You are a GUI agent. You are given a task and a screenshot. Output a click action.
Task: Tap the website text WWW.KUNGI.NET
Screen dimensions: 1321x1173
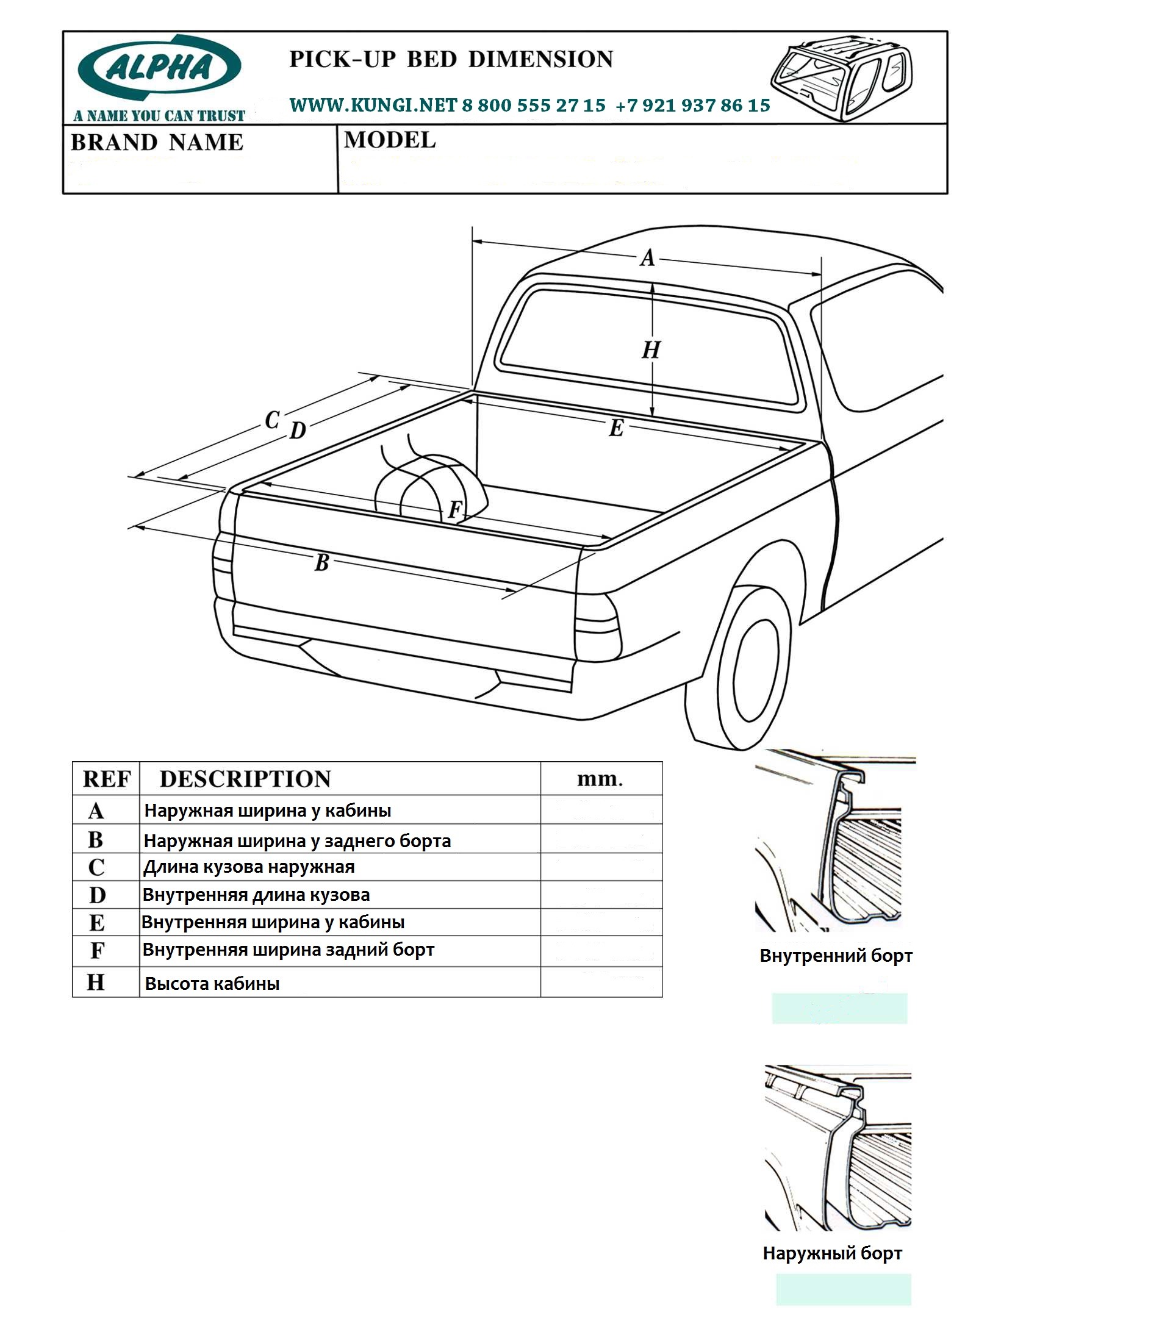pyautogui.click(x=373, y=106)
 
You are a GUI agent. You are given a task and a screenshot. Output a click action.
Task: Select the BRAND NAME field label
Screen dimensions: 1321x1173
pyautogui.click(x=157, y=143)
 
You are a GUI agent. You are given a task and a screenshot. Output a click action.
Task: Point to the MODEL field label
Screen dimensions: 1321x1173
pyautogui.click(x=390, y=140)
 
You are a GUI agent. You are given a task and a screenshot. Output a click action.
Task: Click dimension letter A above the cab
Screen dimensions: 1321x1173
pyautogui.click(x=647, y=259)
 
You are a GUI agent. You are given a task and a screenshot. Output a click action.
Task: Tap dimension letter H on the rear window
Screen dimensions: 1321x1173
pyautogui.click(x=650, y=350)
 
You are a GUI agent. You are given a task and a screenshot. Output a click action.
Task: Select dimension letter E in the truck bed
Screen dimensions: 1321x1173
pyautogui.click(x=616, y=428)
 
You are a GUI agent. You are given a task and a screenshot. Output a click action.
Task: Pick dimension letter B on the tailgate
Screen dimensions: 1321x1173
pyautogui.click(x=321, y=563)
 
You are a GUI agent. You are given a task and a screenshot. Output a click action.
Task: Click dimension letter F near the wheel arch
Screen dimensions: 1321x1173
pyautogui.click(x=454, y=510)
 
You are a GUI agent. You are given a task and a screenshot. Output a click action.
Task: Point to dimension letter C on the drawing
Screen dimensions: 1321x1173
pyautogui.click(x=272, y=420)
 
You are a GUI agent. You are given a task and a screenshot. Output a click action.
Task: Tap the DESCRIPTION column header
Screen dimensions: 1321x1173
pyautogui.click(x=245, y=779)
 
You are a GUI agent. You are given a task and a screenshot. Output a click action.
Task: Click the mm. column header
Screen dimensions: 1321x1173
pyautogui.click(x=600, y=779)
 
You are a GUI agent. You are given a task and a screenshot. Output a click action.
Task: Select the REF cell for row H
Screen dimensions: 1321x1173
pyautogui.click(x=96, y=983)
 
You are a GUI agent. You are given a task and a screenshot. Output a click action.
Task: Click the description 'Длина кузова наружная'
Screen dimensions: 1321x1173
pyautogui.click(x=249, y=867)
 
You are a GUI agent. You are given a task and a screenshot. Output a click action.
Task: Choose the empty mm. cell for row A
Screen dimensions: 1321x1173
pyautogui.click(x=601, y=810)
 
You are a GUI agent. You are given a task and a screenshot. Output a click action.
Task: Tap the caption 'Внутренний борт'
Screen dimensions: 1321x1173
pyautogui.click(x=836, y=956)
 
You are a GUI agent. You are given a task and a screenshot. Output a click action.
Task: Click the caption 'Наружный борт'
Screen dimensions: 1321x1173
pyautogui.click(x=833, y=1253)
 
